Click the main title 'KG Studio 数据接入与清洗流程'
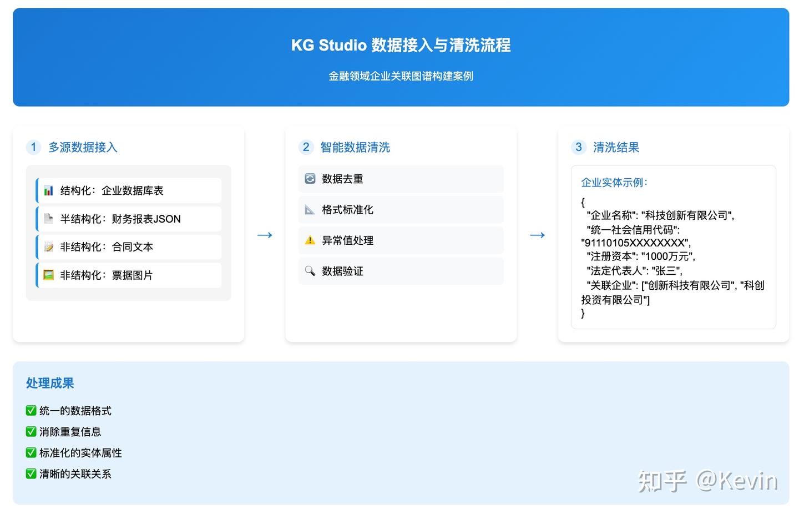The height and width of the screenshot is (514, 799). click(401, 45)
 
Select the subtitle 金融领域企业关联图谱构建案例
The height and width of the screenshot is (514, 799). click(401, 76)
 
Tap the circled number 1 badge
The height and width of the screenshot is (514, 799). click(33, 147)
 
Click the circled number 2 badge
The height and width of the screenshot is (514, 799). click(306, 147)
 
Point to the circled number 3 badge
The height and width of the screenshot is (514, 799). click(578, 147)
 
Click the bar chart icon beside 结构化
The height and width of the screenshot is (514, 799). click(49, 190)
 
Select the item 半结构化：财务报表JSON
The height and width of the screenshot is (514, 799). click(120, 219)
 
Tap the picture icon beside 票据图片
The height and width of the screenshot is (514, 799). click(49, 275)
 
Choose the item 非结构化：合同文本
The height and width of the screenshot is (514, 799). click(107, 247)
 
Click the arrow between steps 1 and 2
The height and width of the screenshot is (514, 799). click(265, 235)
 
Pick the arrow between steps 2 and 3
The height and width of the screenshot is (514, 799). click(537, 235)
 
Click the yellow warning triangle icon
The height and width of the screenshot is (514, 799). click(310, 240)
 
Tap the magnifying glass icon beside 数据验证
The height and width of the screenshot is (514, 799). click(310, 271)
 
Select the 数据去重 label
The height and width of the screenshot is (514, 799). click(342, 179)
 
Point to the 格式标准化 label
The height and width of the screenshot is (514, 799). click(347, 210)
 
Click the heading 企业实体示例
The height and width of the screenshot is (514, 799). click(614, 182)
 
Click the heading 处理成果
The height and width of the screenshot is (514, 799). click(50, 383)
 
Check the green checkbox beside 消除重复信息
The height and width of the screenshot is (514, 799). click(31, 431)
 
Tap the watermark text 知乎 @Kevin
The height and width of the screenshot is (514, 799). click(707, 481)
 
